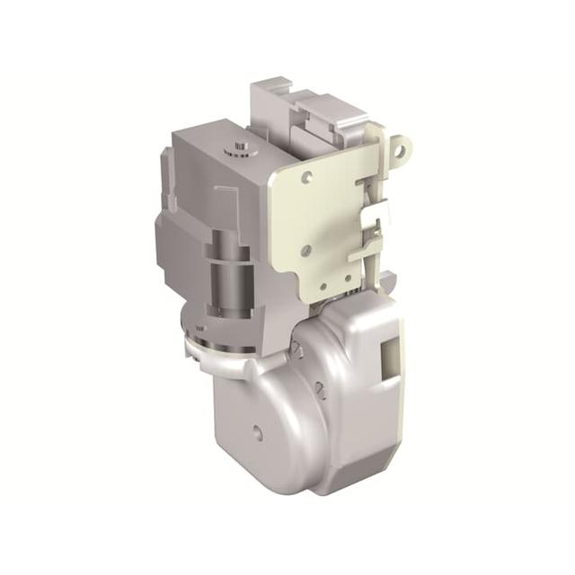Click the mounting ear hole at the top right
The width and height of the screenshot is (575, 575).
[x=402, y=144]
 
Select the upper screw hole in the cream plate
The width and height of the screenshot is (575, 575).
[x=307, y=178]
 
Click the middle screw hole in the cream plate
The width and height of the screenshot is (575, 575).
[x=306, y=250]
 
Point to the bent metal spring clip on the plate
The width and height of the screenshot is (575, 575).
[x=376, y=216]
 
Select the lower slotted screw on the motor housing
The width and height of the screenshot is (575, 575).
[x=319, y=388]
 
